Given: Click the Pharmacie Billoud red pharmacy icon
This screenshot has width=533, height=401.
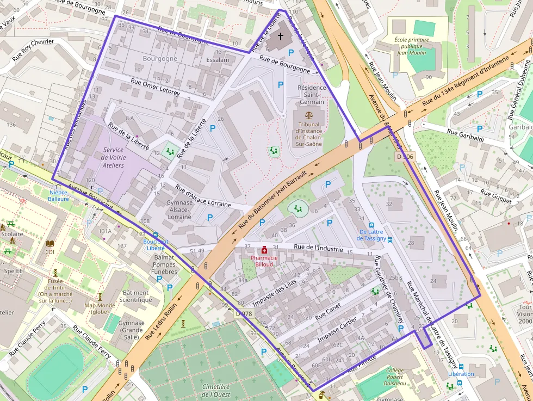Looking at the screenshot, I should (264, 250).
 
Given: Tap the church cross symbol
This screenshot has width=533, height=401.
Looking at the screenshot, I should (281, 36).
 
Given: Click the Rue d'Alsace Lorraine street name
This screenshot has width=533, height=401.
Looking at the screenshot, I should (203, 196).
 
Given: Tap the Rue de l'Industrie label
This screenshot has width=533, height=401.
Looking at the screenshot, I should (318, 249).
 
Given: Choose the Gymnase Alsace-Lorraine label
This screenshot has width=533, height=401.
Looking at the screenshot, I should (179, 209).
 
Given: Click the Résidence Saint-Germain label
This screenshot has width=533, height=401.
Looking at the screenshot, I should (312, 95).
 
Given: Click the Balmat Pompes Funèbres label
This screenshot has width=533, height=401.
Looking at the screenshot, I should (164, 264).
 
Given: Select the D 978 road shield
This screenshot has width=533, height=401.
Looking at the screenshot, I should (245, 313).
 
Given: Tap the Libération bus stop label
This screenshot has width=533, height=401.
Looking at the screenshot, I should (461, 374).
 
